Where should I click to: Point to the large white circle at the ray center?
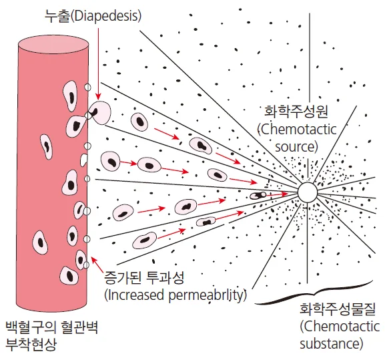click(x=307, y=192)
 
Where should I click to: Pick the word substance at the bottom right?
click(x=332, y=344)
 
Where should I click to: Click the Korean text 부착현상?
click(x=31, y=345)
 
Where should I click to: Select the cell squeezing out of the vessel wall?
click(x=99, y=112)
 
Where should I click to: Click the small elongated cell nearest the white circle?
click(x=258, y=195)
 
